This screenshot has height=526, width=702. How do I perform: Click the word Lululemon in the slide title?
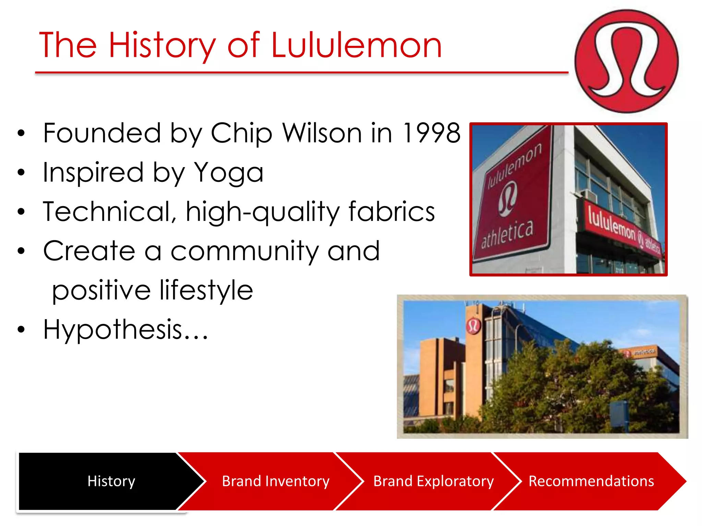pyautogui.click(x=356, y=45)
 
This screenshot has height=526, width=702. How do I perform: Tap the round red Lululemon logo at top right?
pyautogui.click(x=627, y=61)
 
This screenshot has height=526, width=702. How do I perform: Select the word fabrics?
pyautogui.click(x=392, y=212)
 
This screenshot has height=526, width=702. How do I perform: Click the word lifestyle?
pyautogui.click(x=206, y=290)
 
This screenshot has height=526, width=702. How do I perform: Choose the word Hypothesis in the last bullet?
pyautogui.click(x=113, y=330)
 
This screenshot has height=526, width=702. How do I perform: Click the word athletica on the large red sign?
pyautogui.click(x=507, y=234)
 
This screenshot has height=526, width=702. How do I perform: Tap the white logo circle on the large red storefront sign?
pyautogui.click(x=508, y=199)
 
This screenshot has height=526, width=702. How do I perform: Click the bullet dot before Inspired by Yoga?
pyautogui.click(x=21, y=172)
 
